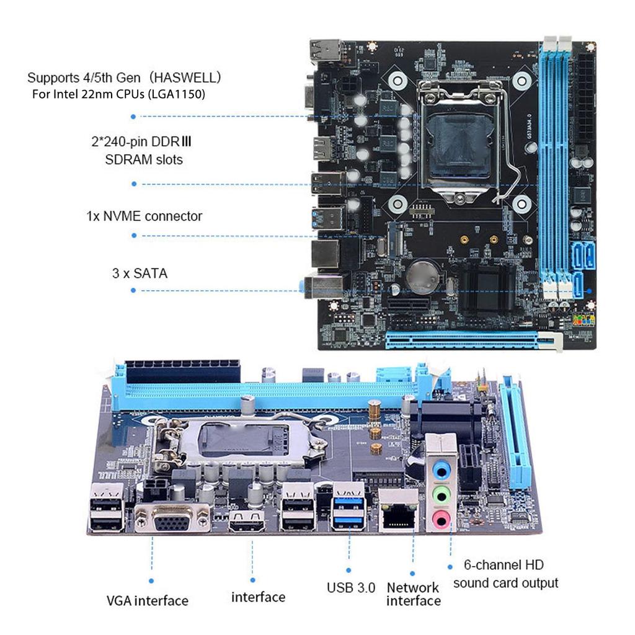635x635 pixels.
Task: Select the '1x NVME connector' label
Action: pos(144,216)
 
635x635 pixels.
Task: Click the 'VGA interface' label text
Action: pos(147,600)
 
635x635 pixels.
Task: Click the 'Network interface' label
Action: pos(413,594)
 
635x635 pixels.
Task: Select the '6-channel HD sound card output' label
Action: pos(505,574)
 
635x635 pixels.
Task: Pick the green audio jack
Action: pos(441,494)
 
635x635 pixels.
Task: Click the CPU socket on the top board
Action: pos(456,140)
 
